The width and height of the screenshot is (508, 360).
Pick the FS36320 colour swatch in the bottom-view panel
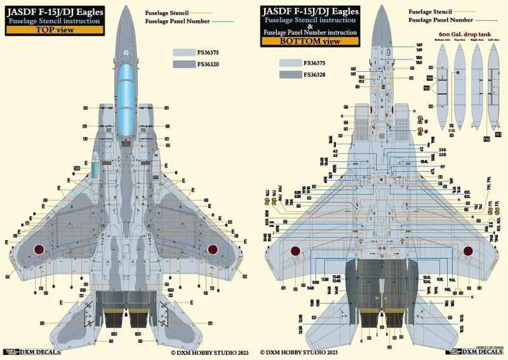click(x=291, y=75)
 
